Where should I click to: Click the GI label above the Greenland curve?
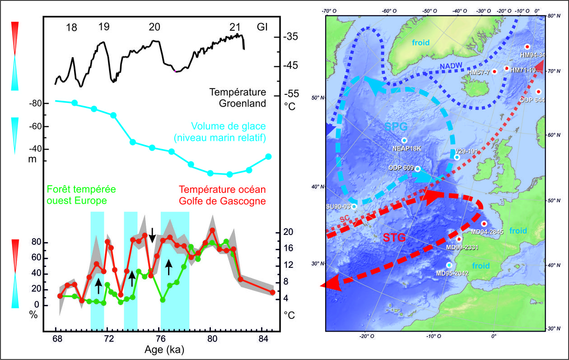click(262, 27)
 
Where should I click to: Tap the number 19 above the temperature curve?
click(103, 27)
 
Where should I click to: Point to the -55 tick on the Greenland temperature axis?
click(292, 94)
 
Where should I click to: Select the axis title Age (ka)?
click(164, 350)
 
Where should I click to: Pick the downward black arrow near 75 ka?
click(152, 234)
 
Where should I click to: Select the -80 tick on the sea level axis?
click(36, 103)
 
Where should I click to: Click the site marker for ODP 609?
click(418, 168)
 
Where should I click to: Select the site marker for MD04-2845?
click(484, 224)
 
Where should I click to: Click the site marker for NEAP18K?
click(404, 140)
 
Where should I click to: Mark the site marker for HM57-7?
click(494, 71)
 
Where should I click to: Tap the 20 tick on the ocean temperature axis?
click(289, 232)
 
